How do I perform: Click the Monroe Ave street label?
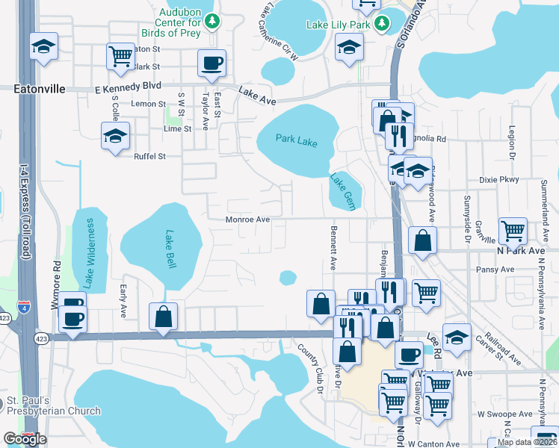pos(247,220)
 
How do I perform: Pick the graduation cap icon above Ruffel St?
pos(115,136)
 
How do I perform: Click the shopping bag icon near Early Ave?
pos(163,316)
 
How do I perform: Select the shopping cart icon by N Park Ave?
pos(513,231)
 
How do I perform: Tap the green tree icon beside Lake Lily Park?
pos(383,24)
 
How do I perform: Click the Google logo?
pos(25,439)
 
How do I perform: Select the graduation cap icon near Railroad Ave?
pos(457,337)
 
